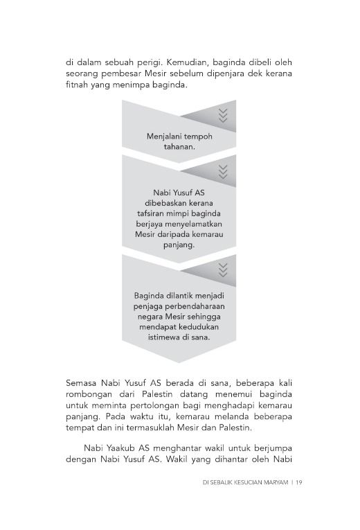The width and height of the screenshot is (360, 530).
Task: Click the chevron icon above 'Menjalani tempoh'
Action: click(x=222, y=115)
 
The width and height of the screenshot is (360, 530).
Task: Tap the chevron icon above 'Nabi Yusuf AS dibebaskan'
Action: click(x=222, y=170)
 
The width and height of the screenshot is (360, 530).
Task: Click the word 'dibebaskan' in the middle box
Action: click(x=179, y=204)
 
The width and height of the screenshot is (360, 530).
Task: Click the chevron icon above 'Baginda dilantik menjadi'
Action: click(x=222, y=270)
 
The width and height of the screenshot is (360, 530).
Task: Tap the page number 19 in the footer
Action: click(x=298, y=483)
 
